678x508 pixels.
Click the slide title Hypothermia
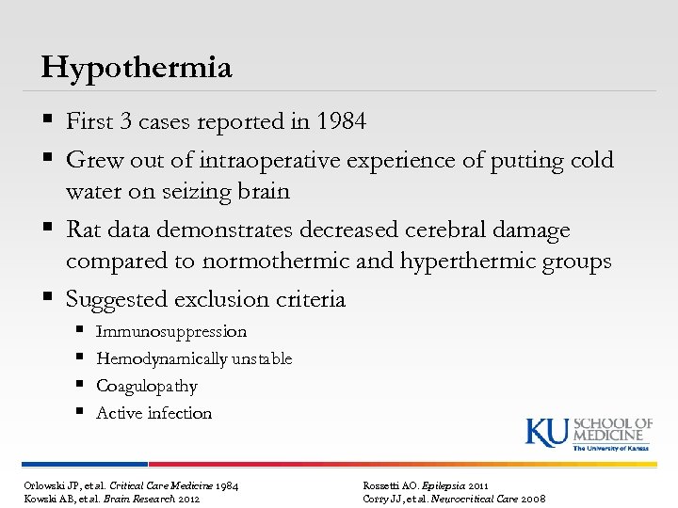pos(137,68)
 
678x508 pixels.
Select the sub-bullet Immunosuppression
pos(171,332)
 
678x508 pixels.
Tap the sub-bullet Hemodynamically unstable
pos(194,359)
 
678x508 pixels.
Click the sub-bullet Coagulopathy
pos(147,387)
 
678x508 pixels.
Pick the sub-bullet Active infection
pos(153,413)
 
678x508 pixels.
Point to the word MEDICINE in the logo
pos(613,434)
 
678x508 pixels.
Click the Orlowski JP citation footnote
pos(131,484)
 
